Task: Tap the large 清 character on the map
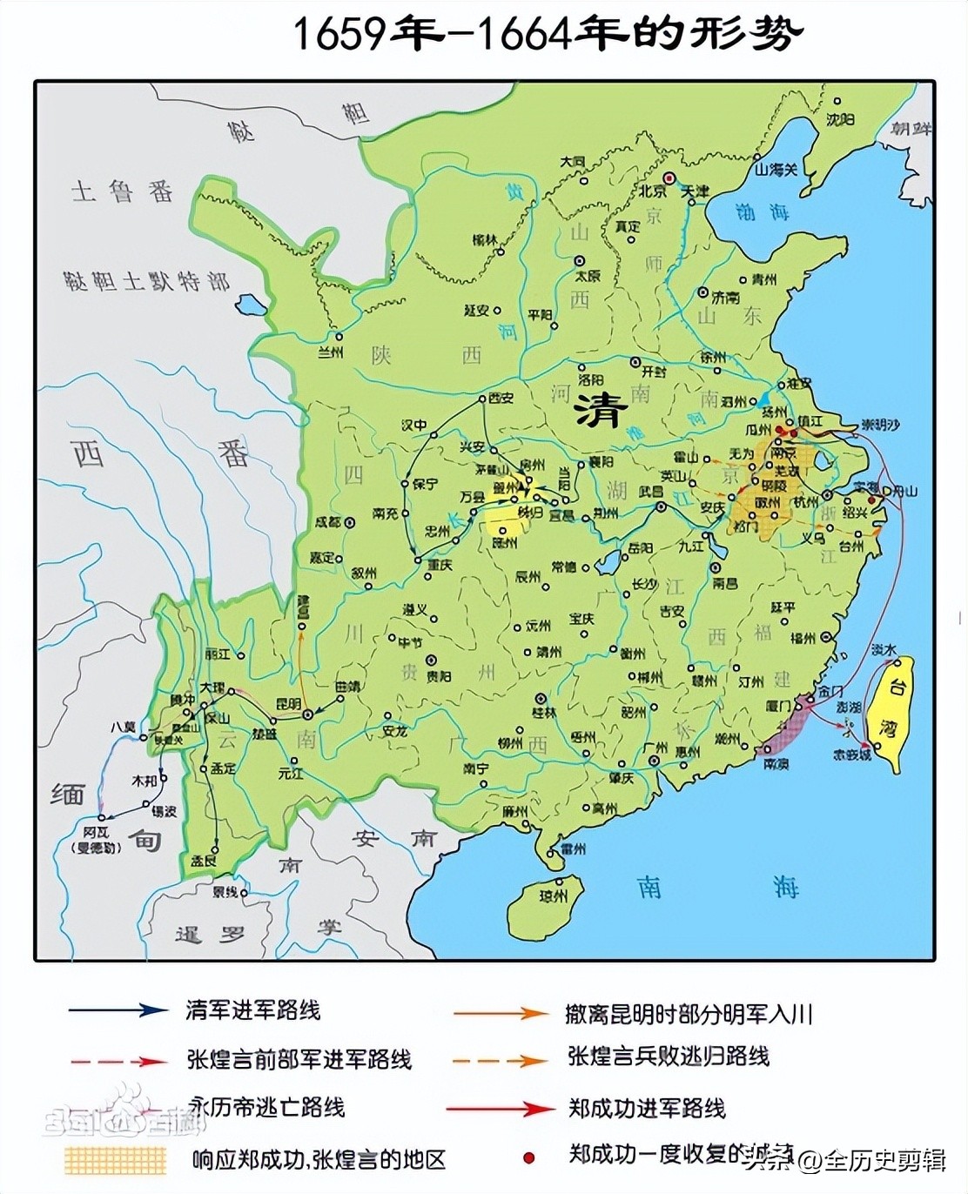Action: (x=600, y=408)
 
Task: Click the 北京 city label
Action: (x=653, y=191)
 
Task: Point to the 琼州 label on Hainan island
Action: (x=553, y=895)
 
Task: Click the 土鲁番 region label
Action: (x=123, y=192)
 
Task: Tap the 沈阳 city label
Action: (x=841, y=119)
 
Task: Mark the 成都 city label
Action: (x=327, y=523)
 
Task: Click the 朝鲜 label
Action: (x=911, y=129)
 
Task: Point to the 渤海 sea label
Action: (x=762, y=211)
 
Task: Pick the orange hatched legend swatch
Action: (x=114, y=1158)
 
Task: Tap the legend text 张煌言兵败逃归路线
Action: (x=669, y=1056)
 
